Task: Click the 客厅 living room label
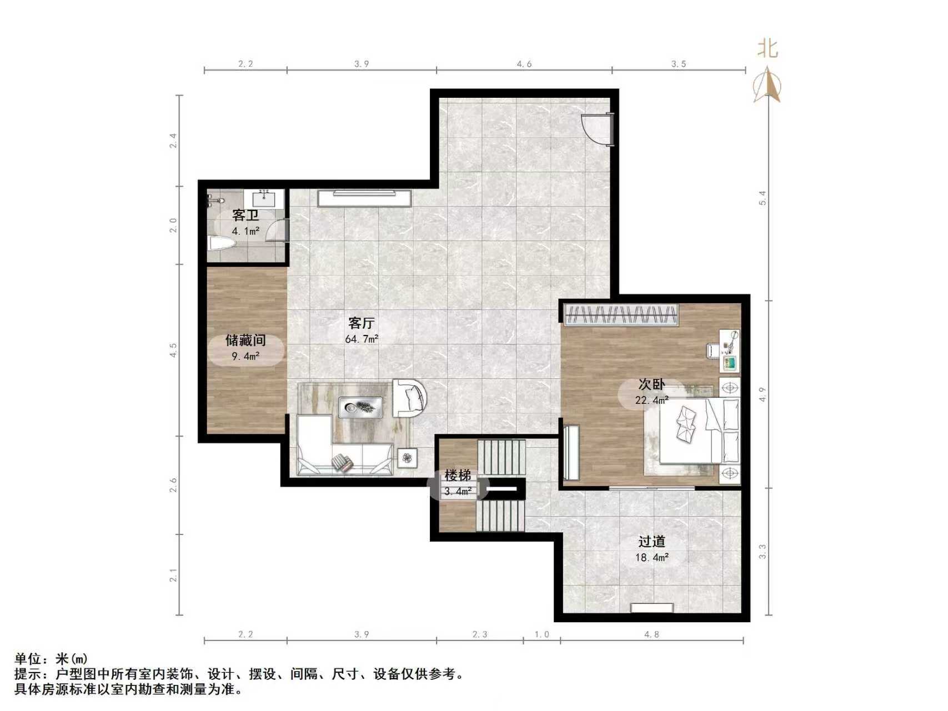(362, 323)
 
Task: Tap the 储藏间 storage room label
(245, 340)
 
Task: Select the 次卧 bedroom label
(651, 385)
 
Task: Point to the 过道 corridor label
(651, 541)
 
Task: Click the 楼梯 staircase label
(458, 476)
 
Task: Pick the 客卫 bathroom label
(245, 216)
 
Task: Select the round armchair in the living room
(410, 398)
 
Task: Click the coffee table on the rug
(360, 408)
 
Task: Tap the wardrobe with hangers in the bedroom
(621, 314)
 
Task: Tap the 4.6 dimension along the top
(524, 64)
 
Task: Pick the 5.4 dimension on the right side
(763, 198)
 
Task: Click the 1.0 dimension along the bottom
(541, 634)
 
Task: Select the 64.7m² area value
(362, 339)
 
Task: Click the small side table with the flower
(408, 458)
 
